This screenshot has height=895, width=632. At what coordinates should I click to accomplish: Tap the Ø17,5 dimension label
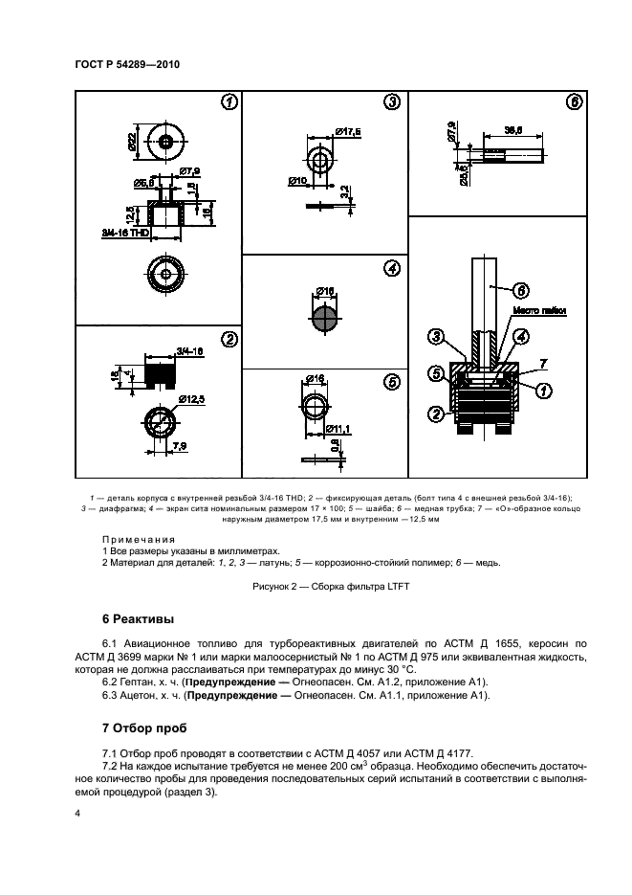pos(348,131)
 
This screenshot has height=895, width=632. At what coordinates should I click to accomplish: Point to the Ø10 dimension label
pos(298,179)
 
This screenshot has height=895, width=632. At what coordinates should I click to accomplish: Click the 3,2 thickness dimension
pos(343,191)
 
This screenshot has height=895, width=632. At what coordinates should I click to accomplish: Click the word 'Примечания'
pos(133,539)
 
